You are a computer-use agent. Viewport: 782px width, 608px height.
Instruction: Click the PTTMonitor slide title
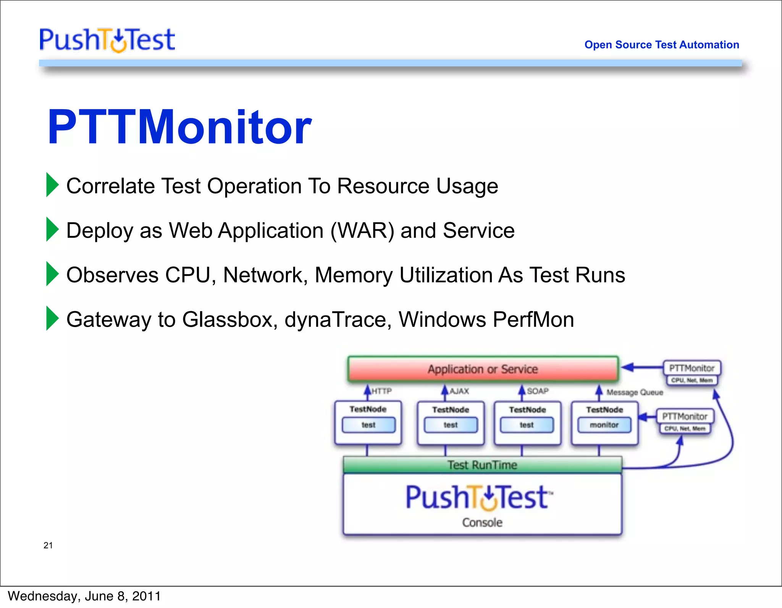179,127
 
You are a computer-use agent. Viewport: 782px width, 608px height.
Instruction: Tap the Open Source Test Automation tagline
661,45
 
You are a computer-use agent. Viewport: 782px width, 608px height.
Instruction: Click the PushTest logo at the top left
107,40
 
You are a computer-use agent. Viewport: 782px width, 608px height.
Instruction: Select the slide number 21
48,545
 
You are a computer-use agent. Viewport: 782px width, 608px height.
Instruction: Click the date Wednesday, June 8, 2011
84,596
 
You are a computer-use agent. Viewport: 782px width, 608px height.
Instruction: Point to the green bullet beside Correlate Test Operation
52,185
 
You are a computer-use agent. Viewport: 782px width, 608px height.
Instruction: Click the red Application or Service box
483,369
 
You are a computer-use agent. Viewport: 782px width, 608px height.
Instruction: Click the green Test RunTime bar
482,465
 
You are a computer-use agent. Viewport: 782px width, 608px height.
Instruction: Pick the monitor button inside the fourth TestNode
604,425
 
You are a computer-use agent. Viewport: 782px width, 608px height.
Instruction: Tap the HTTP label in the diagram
381,391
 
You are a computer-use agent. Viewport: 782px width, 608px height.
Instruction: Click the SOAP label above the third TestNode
538,391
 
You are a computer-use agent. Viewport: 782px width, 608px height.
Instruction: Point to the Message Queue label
635,392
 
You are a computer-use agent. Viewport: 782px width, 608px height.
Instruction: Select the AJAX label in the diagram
459,391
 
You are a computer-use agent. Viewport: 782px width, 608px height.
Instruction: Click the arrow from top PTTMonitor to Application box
641,368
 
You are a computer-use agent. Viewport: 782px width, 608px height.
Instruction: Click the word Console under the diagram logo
482,523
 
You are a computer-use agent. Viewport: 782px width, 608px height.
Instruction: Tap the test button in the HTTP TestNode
368,425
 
